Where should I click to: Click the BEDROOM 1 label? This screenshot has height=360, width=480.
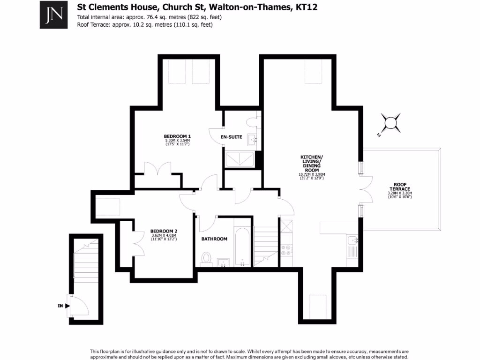click(174, 136)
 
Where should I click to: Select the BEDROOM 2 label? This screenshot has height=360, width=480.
click(164, 231)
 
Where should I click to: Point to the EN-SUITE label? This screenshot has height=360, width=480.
click(232, 137)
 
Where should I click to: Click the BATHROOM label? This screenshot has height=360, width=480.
click(214, 239)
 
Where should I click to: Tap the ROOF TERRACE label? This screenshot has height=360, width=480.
click(399, 187)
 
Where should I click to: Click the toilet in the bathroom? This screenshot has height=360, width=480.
click(206, 258)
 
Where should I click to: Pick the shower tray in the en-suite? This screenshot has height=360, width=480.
click(240, 159)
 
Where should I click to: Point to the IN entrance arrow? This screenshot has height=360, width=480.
click(67, 306)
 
